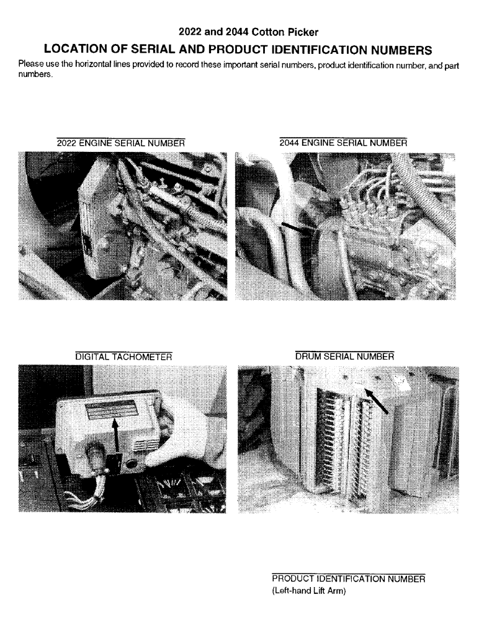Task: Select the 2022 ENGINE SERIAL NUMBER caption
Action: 120,143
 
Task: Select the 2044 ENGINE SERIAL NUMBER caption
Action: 343,143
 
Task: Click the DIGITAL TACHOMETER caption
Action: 123,356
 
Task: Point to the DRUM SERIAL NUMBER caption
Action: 344,356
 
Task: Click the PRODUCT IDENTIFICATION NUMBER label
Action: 348,578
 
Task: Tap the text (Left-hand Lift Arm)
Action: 308,591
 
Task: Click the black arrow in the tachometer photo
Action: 115,440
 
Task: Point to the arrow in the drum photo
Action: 378,400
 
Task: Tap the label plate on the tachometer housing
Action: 112,410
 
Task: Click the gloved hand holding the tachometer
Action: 186,434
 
